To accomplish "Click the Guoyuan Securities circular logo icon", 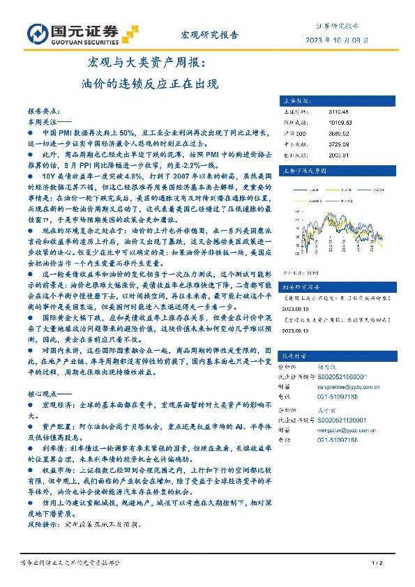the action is (x=36, y=33).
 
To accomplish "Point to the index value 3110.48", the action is (x=338, y=111).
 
